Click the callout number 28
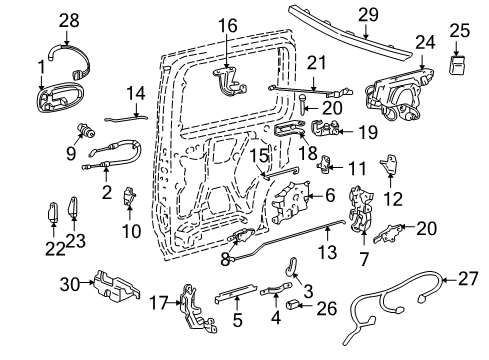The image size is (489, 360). (68, 19)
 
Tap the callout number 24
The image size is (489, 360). (425, 42)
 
